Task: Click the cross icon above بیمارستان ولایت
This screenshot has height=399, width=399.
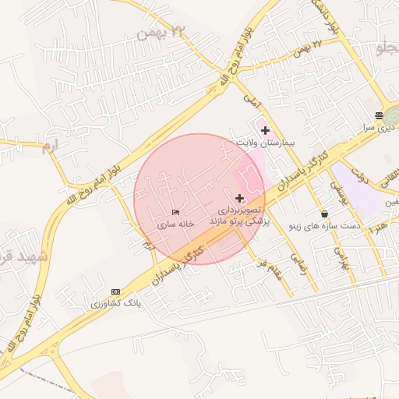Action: [265, 129]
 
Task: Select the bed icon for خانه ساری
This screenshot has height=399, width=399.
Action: [175, 212]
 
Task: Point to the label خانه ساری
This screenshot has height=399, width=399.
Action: [175, 224]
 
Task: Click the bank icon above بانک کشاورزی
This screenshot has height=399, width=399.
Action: [116, 291]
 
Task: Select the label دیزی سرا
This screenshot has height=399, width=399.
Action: [383, 125]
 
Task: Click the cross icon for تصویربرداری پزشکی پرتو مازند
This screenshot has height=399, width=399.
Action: [239, 198]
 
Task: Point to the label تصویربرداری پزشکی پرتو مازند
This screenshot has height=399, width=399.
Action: [238, 216]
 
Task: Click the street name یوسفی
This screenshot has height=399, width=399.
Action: [337, 188]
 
